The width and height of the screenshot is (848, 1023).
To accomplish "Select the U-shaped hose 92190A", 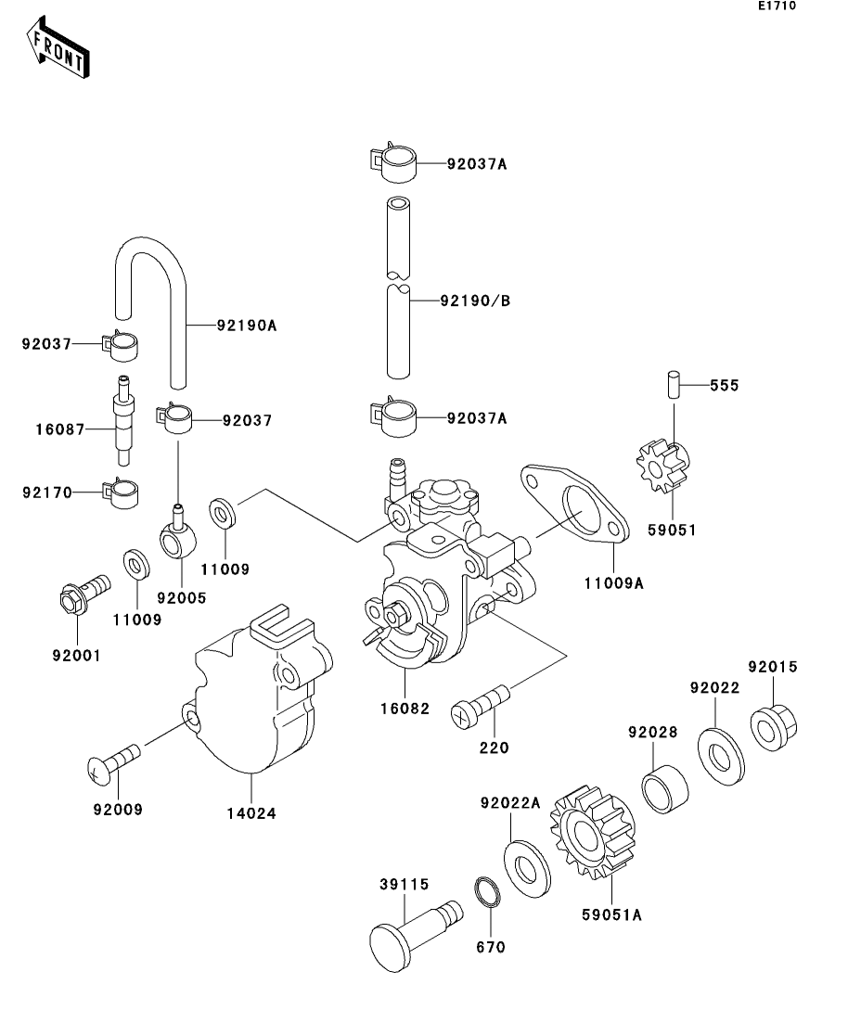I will tap(151, 306).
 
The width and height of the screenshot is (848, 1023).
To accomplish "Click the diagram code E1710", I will tap(776, 6).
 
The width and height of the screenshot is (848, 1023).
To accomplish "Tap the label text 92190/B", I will tap(475, 301).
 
